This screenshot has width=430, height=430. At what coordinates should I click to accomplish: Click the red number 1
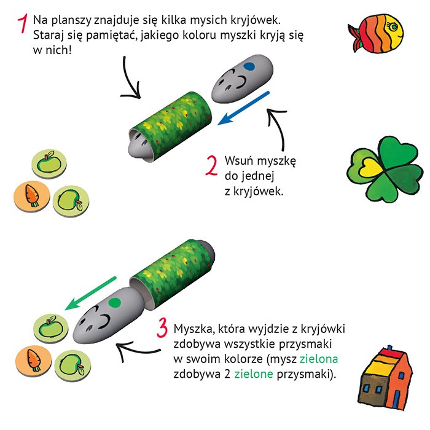[23, 24]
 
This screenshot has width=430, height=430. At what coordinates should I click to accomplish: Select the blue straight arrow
[244, 107]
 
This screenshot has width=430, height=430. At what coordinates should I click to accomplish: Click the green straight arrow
[90, 294]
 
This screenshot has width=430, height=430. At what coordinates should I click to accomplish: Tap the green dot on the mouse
[113, 302]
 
